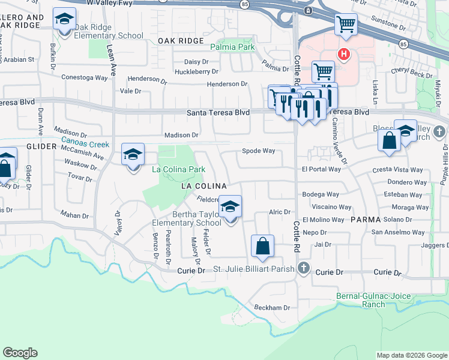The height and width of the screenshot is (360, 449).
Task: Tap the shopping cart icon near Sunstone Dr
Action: (x=345, y=25)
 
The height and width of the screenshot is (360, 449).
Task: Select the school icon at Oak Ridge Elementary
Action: (x=64, y=19)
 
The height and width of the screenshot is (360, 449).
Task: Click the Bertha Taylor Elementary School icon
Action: (x=229, y=207)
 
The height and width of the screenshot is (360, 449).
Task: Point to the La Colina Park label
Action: (x=178, y=170)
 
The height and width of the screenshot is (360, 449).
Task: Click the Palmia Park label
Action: (x=232, y=47)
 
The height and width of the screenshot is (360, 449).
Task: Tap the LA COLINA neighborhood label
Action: (x=204, y=187)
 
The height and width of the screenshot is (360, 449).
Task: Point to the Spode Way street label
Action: (x=258, y=151)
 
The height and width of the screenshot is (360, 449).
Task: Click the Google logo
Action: (x=20, y=353)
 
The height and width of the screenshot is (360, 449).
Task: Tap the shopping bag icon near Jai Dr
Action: (x=263, y=245)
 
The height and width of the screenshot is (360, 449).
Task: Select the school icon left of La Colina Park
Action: (x=133, y=155)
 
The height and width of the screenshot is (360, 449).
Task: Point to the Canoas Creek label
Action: (x=85, y=145)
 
